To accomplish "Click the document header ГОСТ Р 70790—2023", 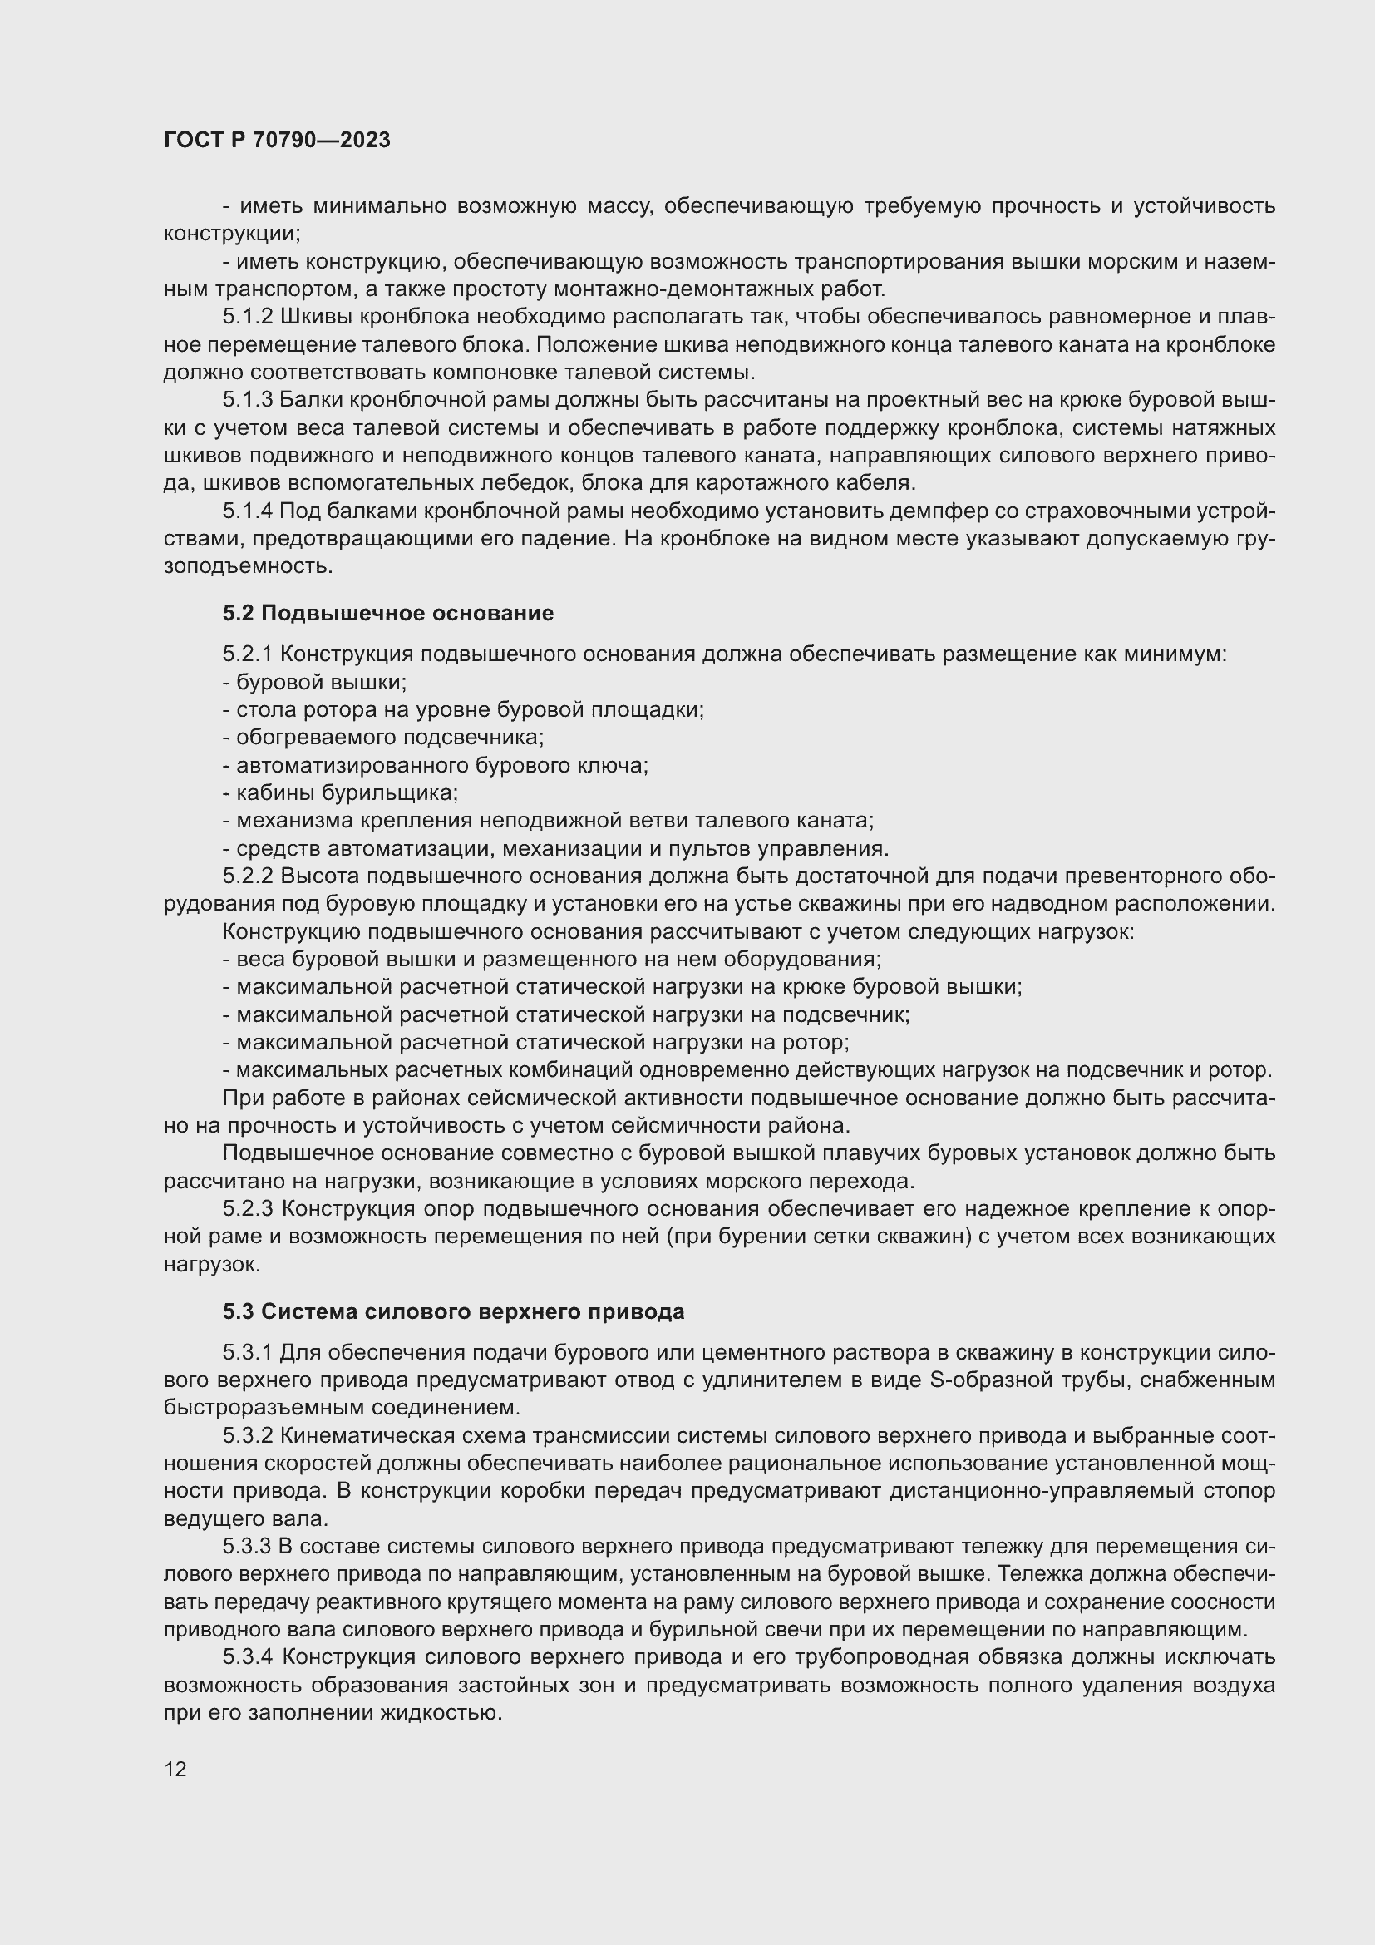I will point(277,141).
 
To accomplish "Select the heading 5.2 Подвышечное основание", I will point(387,613).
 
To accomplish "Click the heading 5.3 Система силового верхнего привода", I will point(453,1312).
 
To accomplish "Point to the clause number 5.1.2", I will point(247,317).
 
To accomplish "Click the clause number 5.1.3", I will point(247,400).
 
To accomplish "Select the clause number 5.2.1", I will point(247,654).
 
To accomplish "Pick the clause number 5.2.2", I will point(247,876).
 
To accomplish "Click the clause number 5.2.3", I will point(247,1209).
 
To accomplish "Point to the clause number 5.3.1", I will point(247,1353).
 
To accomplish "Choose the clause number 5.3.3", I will point(247,1547).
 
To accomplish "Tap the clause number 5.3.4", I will point(247,1657).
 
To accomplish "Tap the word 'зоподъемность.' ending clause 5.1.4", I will point(248,567).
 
